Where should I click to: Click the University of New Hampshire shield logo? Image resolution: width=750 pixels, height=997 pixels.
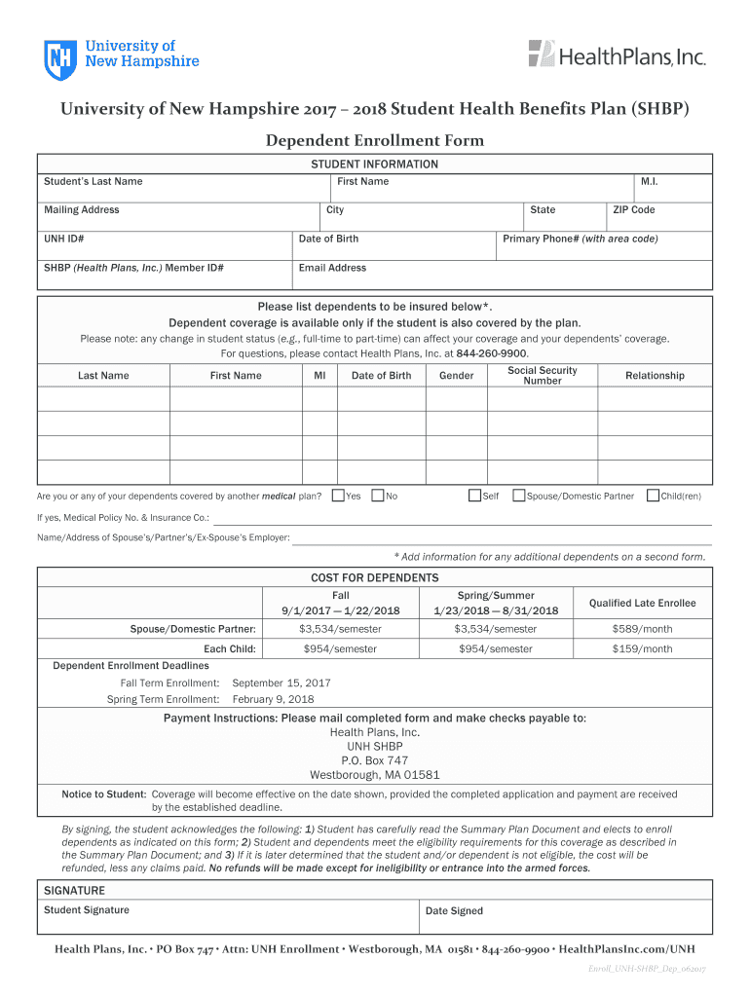59,59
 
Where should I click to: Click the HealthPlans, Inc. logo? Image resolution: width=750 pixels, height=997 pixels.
617,55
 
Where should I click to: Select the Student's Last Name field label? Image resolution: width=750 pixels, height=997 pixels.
93,181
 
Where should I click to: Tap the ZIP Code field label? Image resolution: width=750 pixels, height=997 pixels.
633,210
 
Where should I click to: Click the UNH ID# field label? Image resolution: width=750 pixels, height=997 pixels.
63,240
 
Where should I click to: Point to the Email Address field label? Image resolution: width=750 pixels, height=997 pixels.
332,268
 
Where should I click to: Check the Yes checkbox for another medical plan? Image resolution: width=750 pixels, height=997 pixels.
338,496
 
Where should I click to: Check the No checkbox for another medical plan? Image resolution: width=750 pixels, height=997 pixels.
378,496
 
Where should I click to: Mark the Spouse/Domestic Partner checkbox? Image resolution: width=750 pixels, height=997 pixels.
518,496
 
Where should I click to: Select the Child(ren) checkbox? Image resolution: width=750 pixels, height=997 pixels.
653,496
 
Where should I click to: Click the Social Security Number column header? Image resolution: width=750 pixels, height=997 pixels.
543,376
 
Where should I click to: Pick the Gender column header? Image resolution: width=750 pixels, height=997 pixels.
457,376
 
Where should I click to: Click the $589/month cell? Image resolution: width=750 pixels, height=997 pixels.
642,629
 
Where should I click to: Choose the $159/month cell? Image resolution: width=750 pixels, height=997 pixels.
642,649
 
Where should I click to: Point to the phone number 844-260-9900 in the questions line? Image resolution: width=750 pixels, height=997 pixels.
491,353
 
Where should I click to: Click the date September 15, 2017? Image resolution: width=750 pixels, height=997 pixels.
281,683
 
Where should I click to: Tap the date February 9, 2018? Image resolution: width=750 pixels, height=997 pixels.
273,699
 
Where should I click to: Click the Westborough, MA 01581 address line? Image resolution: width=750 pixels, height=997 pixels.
375,775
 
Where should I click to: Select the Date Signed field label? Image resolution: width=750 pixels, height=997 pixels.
454,911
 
